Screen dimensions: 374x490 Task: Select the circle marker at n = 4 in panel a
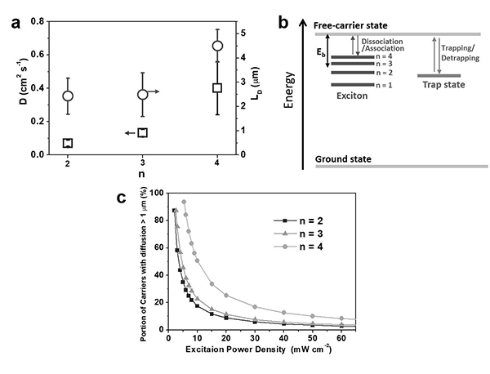coord(217,46)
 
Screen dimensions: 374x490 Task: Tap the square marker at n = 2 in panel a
coord(68,143)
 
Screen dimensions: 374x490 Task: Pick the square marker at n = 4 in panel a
coord(217,87)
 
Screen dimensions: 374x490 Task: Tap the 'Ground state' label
coord(344,157)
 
